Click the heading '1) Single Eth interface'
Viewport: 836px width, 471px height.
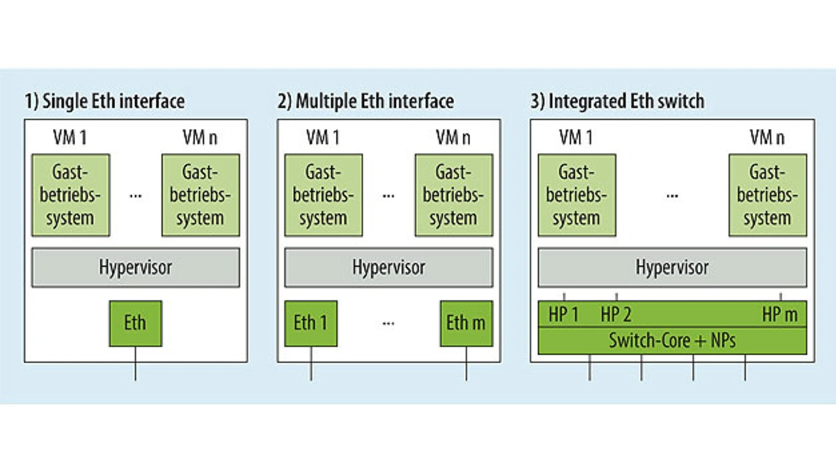click(x=104, y=101)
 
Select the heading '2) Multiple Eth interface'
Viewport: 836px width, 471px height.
click(x=365, y=101)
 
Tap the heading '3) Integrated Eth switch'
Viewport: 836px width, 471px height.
click(x=617, y=101)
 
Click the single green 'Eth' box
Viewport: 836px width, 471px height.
click(x=135, y=323)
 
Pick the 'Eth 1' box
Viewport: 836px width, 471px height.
click(x=310, y=323)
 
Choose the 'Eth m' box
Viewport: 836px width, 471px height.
click(x=466, y=323)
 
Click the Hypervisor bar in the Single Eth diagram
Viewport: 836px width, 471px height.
click(x=135, y=267)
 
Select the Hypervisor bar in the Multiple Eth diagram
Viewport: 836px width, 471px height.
click(x=389, y=267)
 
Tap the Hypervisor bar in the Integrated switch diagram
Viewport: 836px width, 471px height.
click(x=672, y=267)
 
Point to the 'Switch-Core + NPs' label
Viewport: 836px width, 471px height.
click(x=672, y=341)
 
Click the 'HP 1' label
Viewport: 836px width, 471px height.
click(x=564, y=315)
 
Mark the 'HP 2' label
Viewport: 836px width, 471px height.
click(x=616, y=315)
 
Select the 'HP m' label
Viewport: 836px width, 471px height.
click(x=780, y=315)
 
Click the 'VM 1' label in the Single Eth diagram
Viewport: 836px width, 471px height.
click(x=71, y=138)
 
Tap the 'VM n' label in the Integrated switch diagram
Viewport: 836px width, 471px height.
click(x=767, y=138)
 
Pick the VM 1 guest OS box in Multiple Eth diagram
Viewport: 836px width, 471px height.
click(x=323, y=195)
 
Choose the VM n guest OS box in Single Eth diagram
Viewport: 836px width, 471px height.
click(x=200, y=195)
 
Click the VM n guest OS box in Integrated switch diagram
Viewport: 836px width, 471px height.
click(x=767, y=195)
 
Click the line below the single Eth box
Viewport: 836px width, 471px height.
click(x=135, y=364)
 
